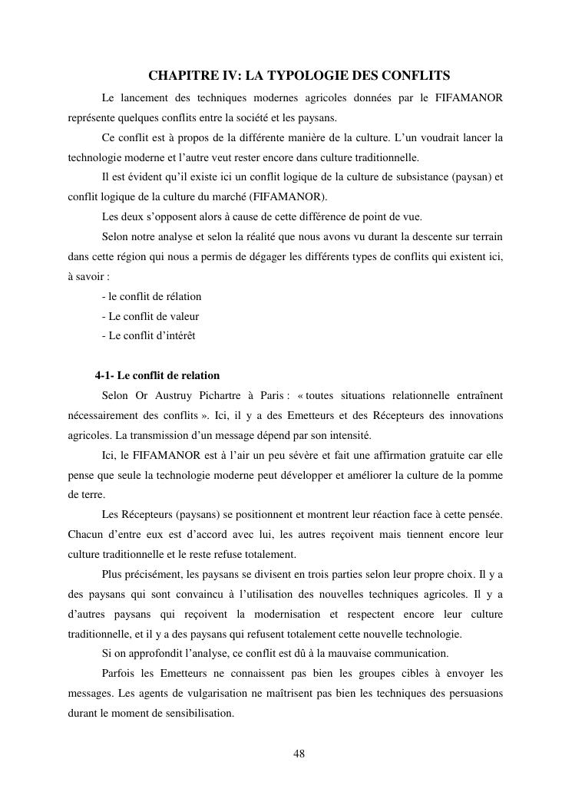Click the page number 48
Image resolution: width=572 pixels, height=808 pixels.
click(299, 754)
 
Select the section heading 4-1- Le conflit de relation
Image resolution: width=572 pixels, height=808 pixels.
click(157, 375)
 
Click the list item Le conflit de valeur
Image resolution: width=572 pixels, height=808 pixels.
click(150, 315)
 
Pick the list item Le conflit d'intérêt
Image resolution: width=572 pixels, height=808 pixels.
click(148, 335)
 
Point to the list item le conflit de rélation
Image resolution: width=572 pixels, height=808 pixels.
click(151, 296)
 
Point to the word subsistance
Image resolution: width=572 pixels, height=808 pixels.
click(405, 177)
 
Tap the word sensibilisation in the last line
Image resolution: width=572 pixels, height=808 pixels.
click(197, 714)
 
